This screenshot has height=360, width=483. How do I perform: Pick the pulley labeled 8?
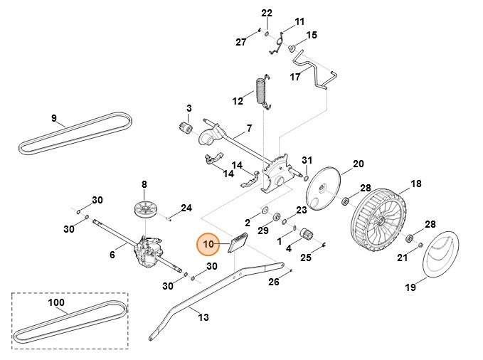(x=147, y=210)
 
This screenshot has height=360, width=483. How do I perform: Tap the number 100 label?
(x=55, y=302)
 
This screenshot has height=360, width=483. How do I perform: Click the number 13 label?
(x=203, y=317)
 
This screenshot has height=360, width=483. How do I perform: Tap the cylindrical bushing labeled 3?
(x=186, y=129)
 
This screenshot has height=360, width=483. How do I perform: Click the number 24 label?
(x=186, y=208)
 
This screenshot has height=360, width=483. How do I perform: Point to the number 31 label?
(x=307, y=159)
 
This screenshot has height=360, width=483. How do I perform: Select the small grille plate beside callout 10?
(x=237, y=245)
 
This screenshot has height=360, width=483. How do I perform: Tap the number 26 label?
(x=275, y=282)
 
